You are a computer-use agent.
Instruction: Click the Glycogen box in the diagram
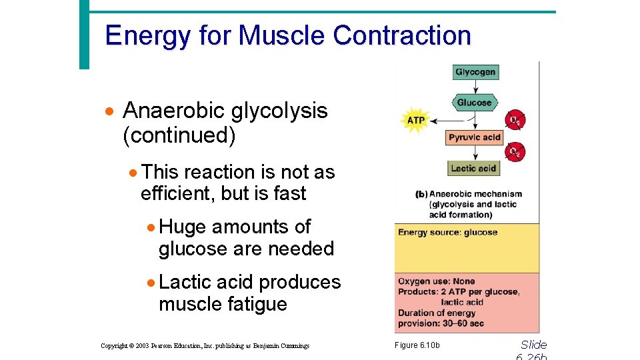pyautogui.click(x=475, y=72)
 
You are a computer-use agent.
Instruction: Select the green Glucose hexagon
pyautogui.click(x=474, y=103)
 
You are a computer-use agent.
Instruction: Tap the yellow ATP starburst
pyautogui.click(x=415, y=121)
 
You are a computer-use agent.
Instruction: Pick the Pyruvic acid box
pyautogui.click(x=474, y=137)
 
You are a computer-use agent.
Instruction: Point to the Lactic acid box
pyautogui.click(x=473, y=168)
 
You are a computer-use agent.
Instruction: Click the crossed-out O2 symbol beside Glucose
pyautogui.click(x=515, y=120)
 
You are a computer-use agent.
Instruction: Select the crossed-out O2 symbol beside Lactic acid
pyautogui.click(x=515, y=152)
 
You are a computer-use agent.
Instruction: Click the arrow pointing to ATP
pyautogui.click(x=447, y=121)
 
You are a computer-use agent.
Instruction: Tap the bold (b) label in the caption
pyautogui.click(x=421, y=195)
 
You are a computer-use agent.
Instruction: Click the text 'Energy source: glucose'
pyautogui.click(x=447, y=233)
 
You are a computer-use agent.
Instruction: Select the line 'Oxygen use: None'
pyautogui.click(x=436, y=281)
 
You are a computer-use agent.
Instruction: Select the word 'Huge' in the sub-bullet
pyautogui.click(x=183, y=227)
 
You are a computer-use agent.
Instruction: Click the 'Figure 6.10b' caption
pyautogui.click(x=417, y=345)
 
